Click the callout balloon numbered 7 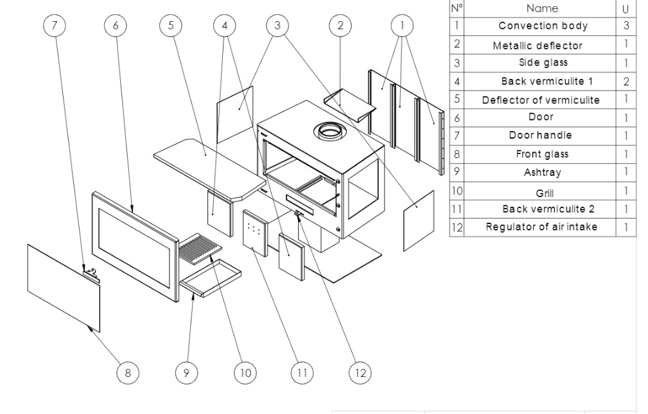coord(54,26)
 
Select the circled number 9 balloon coord(186,372)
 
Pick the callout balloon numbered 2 coord(340,26)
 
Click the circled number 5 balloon coord(171,26)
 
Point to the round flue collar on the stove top coord(329,132)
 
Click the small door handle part coord(92,274)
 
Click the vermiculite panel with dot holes coord(254,231)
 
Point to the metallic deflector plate coord(349,103)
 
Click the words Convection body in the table coord(543,26)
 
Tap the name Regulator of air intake coord(541,227)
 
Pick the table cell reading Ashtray coord(543,173)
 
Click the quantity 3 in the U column coord(626,26)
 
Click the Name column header coord(542,8)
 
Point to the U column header coord(626,9)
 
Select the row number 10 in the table coord(457,191)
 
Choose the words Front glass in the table coord(542,155)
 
